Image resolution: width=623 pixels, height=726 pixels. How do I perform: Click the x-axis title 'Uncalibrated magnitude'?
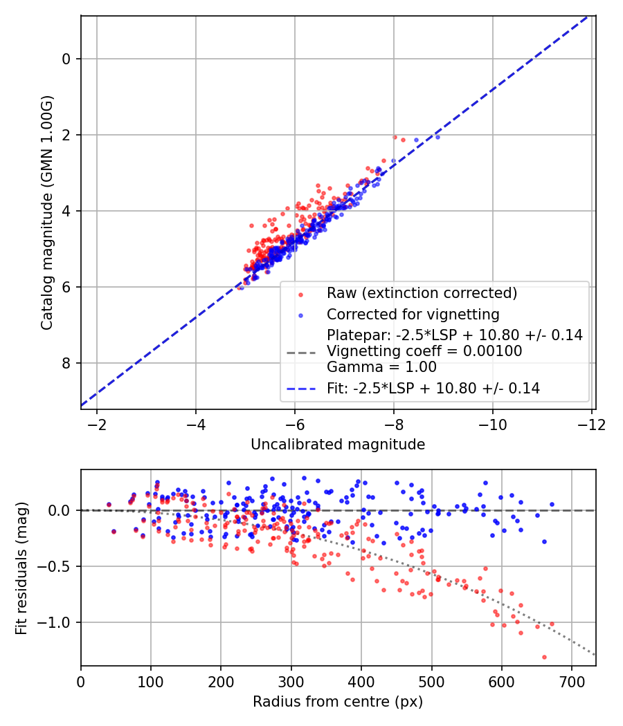click(338, 445)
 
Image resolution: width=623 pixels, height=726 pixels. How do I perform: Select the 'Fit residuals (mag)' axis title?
click(21, 567)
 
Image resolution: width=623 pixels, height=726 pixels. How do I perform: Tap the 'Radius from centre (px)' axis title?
click(338, 702)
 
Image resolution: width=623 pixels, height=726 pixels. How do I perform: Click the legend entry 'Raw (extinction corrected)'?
click(422, 293)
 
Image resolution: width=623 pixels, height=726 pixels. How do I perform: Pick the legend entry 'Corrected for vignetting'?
click(413, 315)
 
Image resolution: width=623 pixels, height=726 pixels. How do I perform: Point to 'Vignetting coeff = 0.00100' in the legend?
click(424, 351)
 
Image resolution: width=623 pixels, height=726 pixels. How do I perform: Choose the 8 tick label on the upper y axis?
click(66, 363)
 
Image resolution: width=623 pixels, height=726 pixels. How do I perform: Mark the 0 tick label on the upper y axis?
click(66, 59)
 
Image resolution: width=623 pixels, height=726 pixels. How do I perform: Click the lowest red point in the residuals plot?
click(544, 657)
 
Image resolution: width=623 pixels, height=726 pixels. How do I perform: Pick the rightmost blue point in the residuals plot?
click(552, 505)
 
